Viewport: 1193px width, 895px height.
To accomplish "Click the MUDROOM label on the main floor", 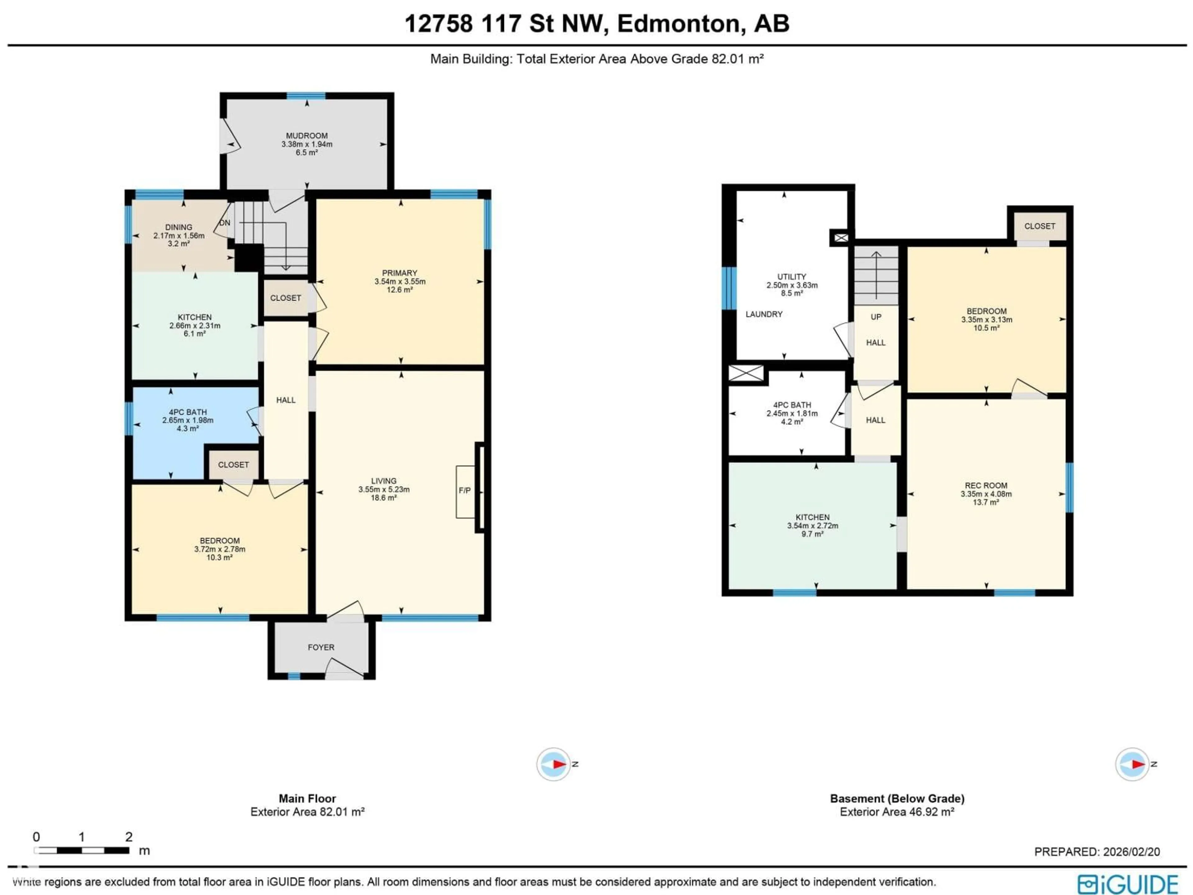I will [x=306, y=136].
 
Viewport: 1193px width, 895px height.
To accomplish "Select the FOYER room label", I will [x=321, y=647].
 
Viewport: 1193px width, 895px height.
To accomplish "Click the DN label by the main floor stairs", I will [x=224, y=223].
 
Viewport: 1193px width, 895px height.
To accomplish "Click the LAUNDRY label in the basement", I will [x=764, y=314].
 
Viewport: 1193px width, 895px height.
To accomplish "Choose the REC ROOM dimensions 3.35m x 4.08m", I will [x=986, y=493].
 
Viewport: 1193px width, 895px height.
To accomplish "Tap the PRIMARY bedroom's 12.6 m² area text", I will [x=400, y=290].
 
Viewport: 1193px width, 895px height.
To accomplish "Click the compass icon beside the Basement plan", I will [x=1132, y=764].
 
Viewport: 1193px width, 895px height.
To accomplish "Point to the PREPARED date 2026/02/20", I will [x=1096, y=851].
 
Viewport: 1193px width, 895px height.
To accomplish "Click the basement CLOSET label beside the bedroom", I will [x=1039, y=226].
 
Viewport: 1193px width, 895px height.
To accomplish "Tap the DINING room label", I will [x=179, y=227].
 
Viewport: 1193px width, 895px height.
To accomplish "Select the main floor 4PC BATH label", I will [x=188, y=412].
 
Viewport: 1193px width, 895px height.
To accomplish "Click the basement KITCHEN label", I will [x=812, y=517].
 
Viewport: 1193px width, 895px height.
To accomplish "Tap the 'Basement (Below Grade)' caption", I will [x=897, y=798].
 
